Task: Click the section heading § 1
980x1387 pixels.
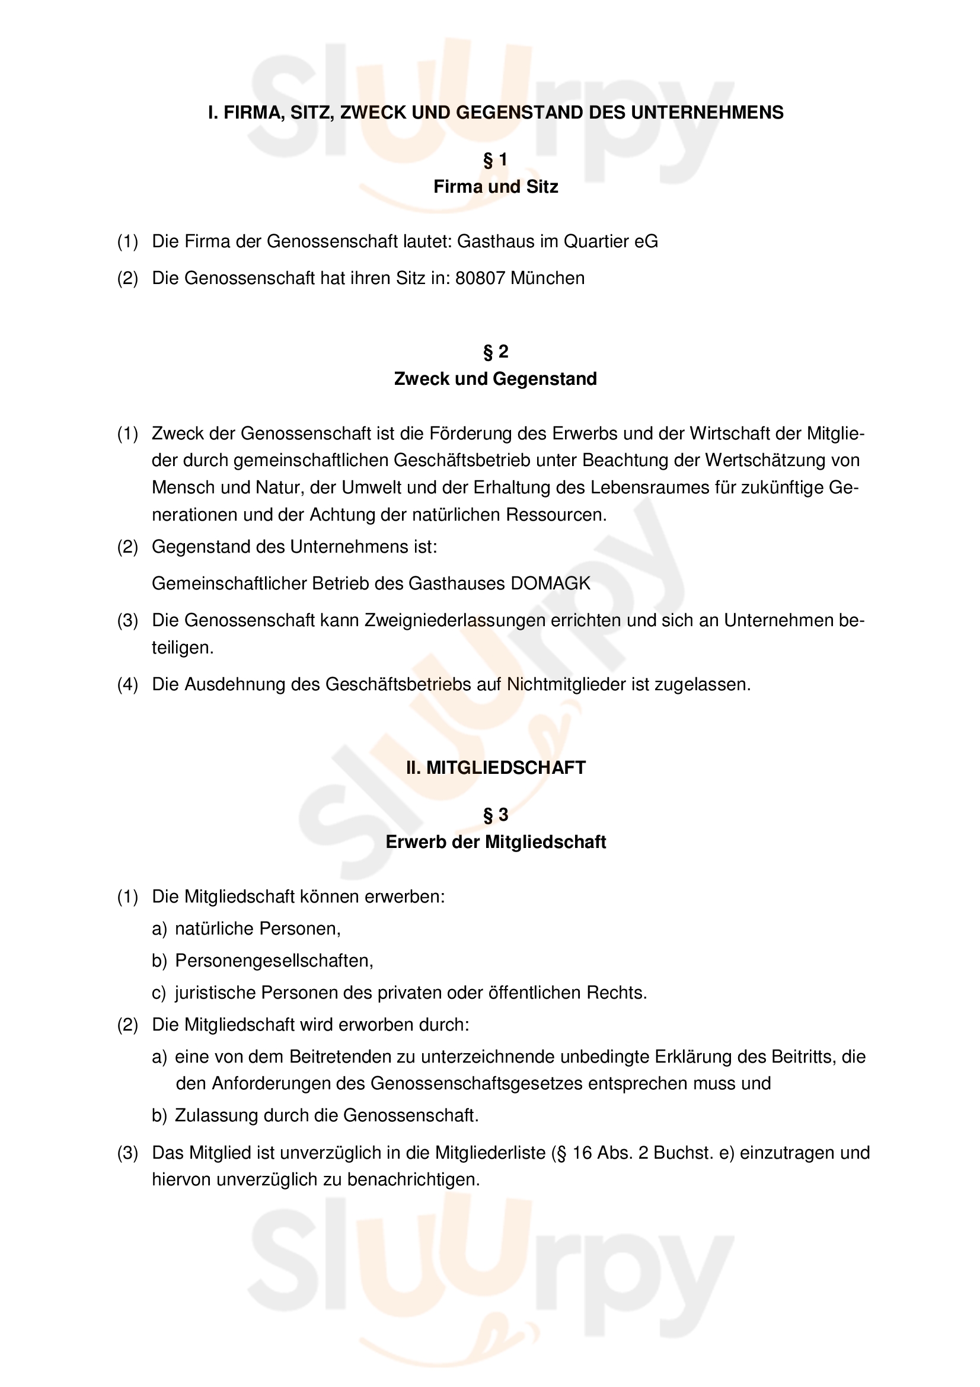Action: [x=495, y=160]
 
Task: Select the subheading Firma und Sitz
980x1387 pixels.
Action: [x=495, y=187]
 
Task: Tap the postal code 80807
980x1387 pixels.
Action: [x=480, y=278]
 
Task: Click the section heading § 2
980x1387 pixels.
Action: [x=495, y=352]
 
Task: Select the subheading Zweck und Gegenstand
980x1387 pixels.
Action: [x=495, y=379]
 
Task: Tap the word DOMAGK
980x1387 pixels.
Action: [x=550, y=584]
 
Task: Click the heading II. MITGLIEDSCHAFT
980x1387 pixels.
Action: [x=495, y=768]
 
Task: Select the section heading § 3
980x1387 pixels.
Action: [x=495, y=815]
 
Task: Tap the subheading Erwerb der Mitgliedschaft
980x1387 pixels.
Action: [x=495, y=842]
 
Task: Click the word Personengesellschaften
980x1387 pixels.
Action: [x=274, y=961]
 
